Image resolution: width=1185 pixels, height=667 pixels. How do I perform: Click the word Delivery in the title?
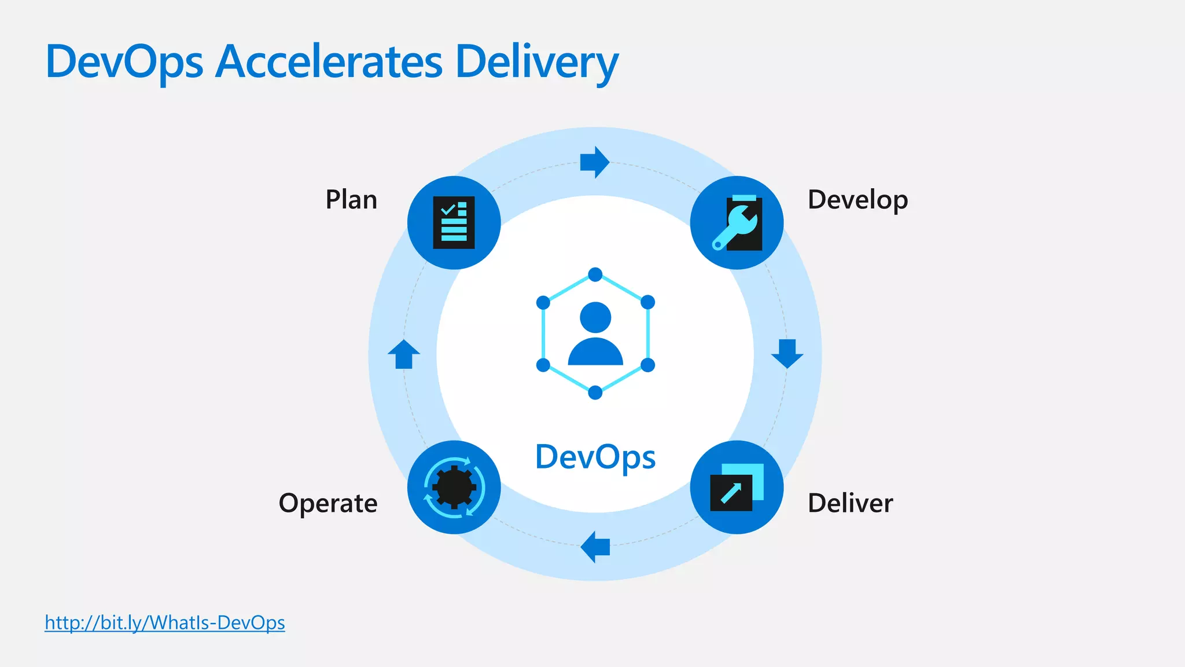point(537,63)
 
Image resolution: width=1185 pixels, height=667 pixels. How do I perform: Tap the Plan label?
point(351,200)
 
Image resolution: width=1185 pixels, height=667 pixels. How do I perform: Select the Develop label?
point(858,200)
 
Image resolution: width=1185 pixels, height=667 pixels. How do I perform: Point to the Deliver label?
point(850,503)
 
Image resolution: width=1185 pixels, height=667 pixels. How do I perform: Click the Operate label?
point(328,504)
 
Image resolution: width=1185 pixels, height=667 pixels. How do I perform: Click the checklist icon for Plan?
point(454,223)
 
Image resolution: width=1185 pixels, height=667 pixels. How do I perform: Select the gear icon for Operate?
point(454,488)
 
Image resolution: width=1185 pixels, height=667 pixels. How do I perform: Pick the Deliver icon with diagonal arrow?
point(736,488)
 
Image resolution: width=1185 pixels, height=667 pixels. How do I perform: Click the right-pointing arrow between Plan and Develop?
point(594,162)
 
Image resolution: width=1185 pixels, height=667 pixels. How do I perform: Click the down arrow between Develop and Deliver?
point(787,353)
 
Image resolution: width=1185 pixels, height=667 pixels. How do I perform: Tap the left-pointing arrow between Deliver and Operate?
point(595,547)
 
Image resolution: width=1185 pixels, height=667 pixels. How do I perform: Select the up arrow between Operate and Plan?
point(404,354)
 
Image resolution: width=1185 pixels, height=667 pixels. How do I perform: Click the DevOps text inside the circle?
point(595,457)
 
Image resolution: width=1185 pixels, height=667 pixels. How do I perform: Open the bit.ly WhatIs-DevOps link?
point(165,623)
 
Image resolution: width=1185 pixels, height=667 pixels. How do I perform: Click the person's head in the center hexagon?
point(595,317)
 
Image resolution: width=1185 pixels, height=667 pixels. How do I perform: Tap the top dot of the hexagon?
point(595,274)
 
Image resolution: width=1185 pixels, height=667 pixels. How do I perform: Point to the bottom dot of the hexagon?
point(595,393)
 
